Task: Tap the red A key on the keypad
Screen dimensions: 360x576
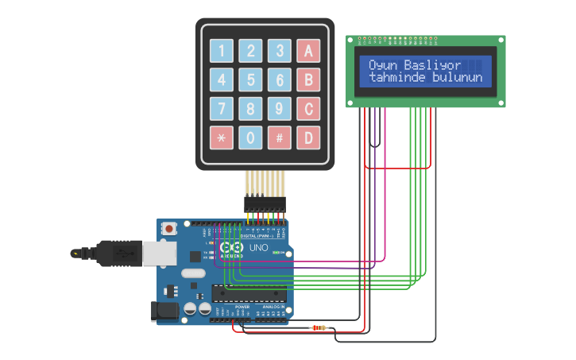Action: (307, 51)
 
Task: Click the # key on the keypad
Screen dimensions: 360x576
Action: (279, 137)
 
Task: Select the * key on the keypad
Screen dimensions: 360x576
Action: (222, 137)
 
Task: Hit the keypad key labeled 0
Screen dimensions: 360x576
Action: (250, 137)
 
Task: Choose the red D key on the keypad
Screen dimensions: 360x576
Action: (307, 137)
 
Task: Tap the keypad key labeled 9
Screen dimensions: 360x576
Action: (279, 109)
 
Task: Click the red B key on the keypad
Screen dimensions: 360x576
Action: (307, 79)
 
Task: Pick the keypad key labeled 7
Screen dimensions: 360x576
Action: (222, 109)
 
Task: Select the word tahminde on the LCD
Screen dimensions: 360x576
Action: (398, 78)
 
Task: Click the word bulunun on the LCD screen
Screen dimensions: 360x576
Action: (458, 78)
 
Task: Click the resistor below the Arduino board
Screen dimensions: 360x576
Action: (319, 327)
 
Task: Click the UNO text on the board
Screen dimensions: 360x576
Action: (259, 248)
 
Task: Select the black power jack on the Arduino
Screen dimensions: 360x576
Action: (164, 311)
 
